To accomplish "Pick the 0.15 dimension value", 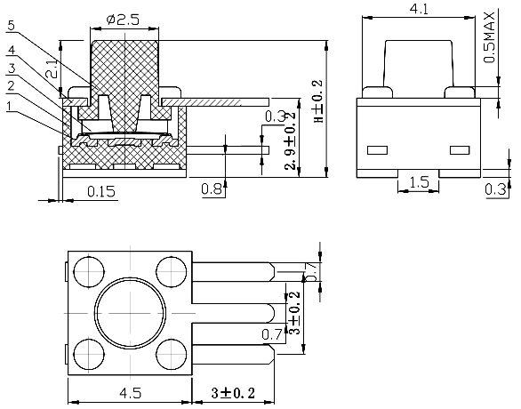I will (x=104, y=189).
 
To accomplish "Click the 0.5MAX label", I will (x=490, y=39).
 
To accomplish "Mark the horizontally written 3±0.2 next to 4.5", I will (x=233, y=392).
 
